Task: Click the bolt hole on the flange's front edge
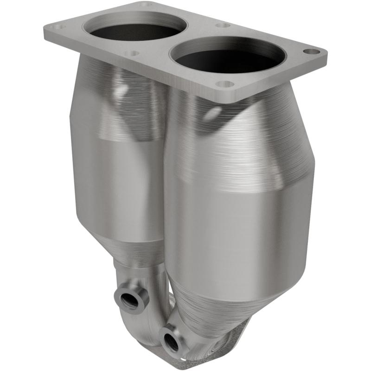pos(225,85)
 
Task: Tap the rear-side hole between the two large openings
pos(223,26)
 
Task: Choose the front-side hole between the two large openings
pos(132,54)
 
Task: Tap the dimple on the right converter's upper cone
pos(214,113)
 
